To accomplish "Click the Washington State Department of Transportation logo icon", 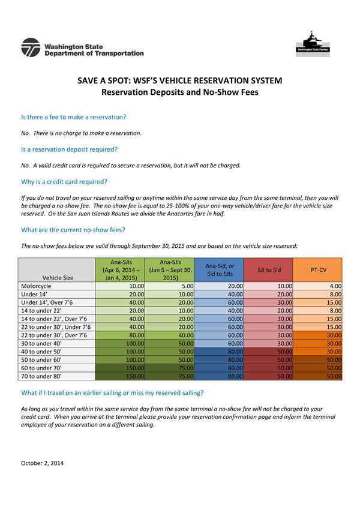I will (30, 47).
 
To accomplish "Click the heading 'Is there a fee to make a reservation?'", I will (73, 117).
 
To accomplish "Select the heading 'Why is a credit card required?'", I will (64, 182).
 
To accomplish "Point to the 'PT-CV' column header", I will (317, 270).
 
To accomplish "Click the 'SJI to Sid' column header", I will (269, 270).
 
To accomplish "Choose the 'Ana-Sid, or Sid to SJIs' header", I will (220, 270).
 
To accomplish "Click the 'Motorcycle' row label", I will (37, 287).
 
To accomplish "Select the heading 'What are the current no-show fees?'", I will (73, 230).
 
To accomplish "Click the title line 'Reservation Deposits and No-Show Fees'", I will (180, 92).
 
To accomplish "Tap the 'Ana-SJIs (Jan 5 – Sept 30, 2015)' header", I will (170, 270).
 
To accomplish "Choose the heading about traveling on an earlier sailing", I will (112, 393).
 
